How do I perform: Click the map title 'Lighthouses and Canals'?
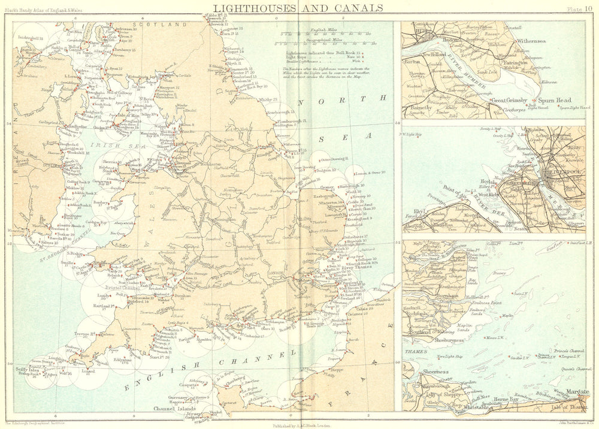(299, 7)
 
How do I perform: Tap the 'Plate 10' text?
(579, 8)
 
